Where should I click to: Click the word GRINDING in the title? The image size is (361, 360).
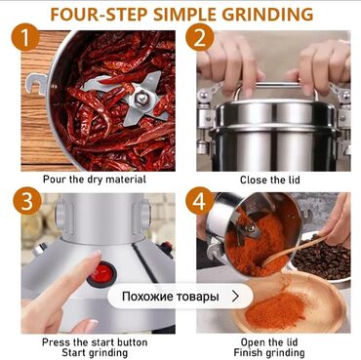(267, 14)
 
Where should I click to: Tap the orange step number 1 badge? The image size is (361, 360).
(25, 38)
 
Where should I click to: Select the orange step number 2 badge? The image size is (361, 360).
(200, 38)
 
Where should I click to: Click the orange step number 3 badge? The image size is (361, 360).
(27, 201)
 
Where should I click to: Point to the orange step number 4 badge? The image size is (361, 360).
(200, 201)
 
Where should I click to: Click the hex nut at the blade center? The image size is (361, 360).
(140, 98)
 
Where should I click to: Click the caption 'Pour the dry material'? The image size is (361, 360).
(95, 180)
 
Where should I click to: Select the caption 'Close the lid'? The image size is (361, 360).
(270, 180)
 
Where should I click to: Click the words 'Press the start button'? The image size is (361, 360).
(95, 342)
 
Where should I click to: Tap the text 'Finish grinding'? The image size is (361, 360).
(269, 352)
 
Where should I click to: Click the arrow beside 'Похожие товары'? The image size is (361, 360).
(236, 297)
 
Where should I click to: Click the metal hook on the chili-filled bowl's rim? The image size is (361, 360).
(36, 84)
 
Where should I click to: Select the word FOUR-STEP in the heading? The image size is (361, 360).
(99, 14)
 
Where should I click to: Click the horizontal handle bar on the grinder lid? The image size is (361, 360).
(275, 85)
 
